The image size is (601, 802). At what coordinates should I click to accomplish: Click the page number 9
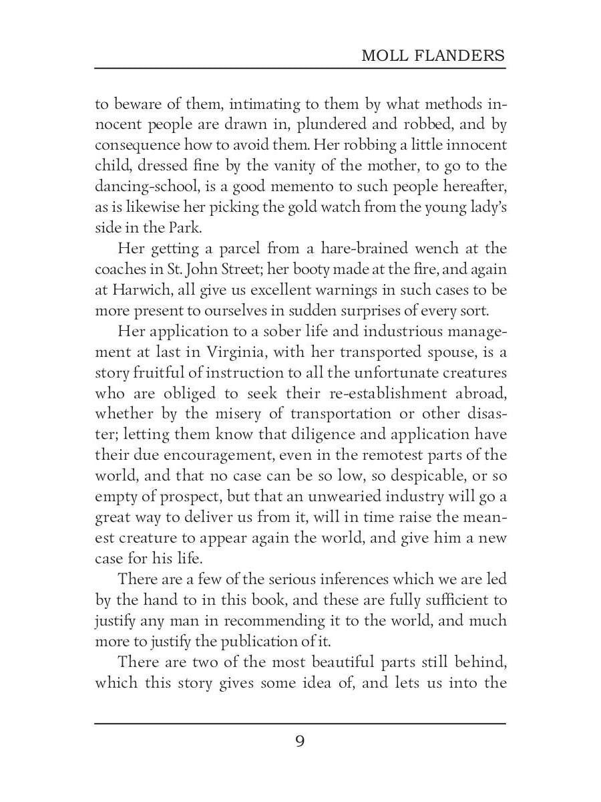pyautogui.click(x=300, y=741)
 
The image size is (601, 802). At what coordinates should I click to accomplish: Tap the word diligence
pyautogui.click(x=325, y=434)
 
